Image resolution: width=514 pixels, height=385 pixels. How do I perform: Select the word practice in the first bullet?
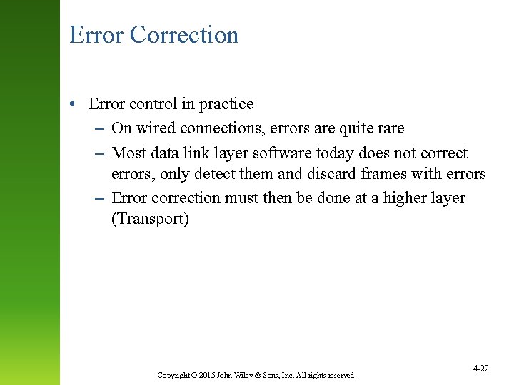(226, 104)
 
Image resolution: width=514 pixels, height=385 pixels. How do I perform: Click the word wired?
(155, 128)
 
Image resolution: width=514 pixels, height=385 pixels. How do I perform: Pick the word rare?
(389, 128)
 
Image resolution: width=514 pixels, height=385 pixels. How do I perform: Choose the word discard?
(329, 174)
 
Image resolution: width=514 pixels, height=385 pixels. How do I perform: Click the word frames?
(383, 174)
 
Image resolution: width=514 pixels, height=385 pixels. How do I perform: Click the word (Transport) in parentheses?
(150, 219)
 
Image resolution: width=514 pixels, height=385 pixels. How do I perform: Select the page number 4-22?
(480, 368)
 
